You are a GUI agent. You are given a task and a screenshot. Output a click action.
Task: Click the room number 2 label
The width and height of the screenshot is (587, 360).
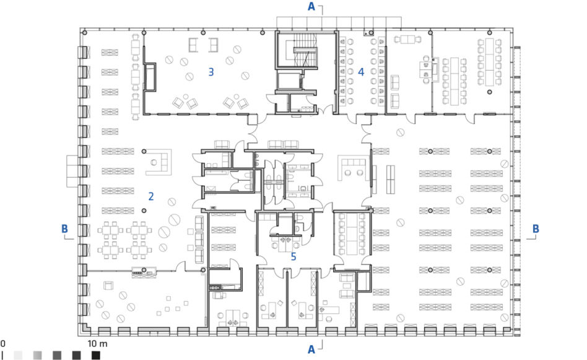click(151, 196)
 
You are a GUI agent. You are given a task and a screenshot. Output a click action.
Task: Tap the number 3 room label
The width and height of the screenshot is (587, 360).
click(211, 72)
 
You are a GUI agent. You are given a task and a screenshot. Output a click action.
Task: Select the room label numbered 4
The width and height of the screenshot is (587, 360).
click(361, 72)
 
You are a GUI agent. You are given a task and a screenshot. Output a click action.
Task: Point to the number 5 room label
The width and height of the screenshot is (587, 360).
click(293, 257)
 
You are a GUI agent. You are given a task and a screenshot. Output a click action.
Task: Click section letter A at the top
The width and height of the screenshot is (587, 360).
click(311, 6)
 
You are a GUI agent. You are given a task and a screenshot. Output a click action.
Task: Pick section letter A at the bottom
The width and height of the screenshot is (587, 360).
click(311, 349)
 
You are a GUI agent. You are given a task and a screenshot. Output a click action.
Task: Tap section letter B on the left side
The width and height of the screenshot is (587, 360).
click(64, 229)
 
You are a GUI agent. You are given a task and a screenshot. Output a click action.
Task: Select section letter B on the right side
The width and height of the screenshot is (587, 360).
click(536, 229)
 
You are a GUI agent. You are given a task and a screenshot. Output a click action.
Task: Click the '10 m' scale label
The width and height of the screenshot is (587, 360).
click(97, 343)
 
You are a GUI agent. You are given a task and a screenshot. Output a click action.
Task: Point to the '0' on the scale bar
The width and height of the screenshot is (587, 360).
click(2, 343)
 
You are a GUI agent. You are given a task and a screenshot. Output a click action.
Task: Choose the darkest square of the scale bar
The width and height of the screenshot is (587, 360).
click(96, 355)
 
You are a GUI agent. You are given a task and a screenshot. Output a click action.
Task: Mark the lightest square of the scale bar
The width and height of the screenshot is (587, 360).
click(18, 355)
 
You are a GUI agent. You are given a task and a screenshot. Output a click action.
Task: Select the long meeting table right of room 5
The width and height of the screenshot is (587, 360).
click(352, 234)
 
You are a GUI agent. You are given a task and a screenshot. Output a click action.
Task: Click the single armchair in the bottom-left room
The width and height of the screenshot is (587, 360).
click(108, 286)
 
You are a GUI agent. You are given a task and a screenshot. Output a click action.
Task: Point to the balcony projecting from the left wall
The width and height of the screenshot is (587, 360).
click(72, 171)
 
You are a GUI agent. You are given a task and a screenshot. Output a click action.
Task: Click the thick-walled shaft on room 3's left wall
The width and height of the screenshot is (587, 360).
click(150, 77)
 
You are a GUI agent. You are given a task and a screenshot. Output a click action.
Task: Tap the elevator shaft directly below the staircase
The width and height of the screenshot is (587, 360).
click(289, 80)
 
